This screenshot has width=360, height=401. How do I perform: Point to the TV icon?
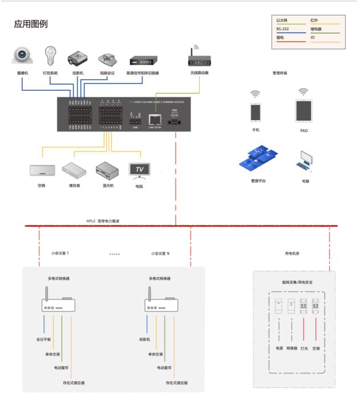(x=140, y=170)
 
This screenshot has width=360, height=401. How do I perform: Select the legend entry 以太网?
(x=282, y=20)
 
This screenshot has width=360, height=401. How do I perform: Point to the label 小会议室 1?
(x=59, y=252)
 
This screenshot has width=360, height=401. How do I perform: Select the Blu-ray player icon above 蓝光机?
(x=106, y=170)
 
